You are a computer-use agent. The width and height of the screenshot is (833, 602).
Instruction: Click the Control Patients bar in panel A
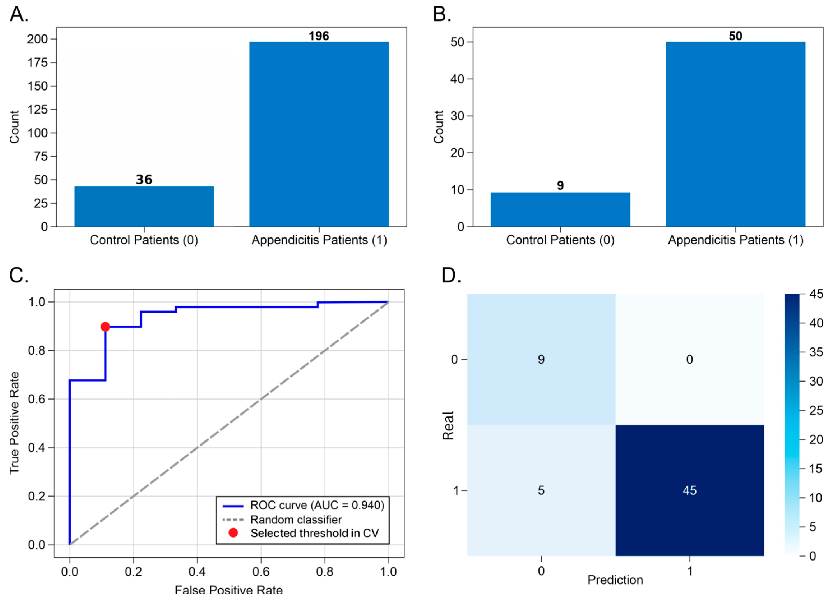144,207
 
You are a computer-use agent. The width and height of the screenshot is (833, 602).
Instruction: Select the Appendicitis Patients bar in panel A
319,134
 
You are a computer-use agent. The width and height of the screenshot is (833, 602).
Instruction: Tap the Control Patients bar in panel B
561,209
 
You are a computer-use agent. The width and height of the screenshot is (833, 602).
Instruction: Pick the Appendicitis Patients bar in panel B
736,134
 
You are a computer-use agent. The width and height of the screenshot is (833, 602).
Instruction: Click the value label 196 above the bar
319,36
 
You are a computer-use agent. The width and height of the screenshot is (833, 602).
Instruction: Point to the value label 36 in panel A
144,179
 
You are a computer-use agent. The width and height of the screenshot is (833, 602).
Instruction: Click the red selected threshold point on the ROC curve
105,327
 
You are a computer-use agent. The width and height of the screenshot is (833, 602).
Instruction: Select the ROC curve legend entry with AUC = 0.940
303,505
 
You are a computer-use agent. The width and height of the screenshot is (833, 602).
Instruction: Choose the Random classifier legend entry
282,520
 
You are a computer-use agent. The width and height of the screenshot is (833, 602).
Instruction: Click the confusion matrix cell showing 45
690,490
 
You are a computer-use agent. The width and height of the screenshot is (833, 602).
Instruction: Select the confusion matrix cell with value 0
690,359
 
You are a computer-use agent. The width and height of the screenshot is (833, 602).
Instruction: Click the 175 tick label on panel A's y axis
38,63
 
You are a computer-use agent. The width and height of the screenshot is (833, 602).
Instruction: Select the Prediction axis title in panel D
615,580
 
